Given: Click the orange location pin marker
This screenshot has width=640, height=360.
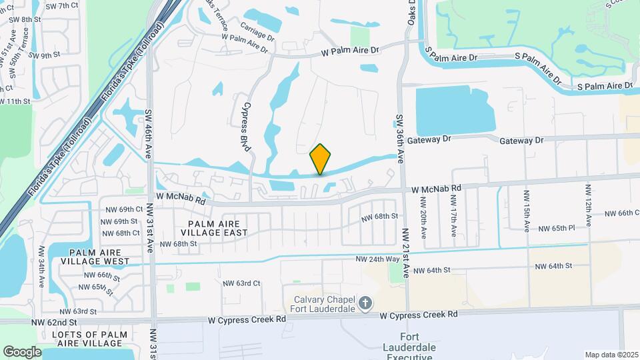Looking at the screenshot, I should tap(321, 159).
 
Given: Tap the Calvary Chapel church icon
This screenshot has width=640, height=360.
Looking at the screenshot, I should tap(365, 304).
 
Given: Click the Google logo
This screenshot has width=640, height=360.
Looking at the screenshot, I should tap(22, 351).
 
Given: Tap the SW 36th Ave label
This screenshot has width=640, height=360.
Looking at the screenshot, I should tap(401, 139).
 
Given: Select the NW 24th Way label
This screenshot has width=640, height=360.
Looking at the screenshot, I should tap(378, 259).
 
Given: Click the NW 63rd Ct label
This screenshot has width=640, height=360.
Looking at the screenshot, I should tap(241, 283).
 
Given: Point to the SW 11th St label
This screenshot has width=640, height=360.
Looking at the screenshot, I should tap(16, 101).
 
